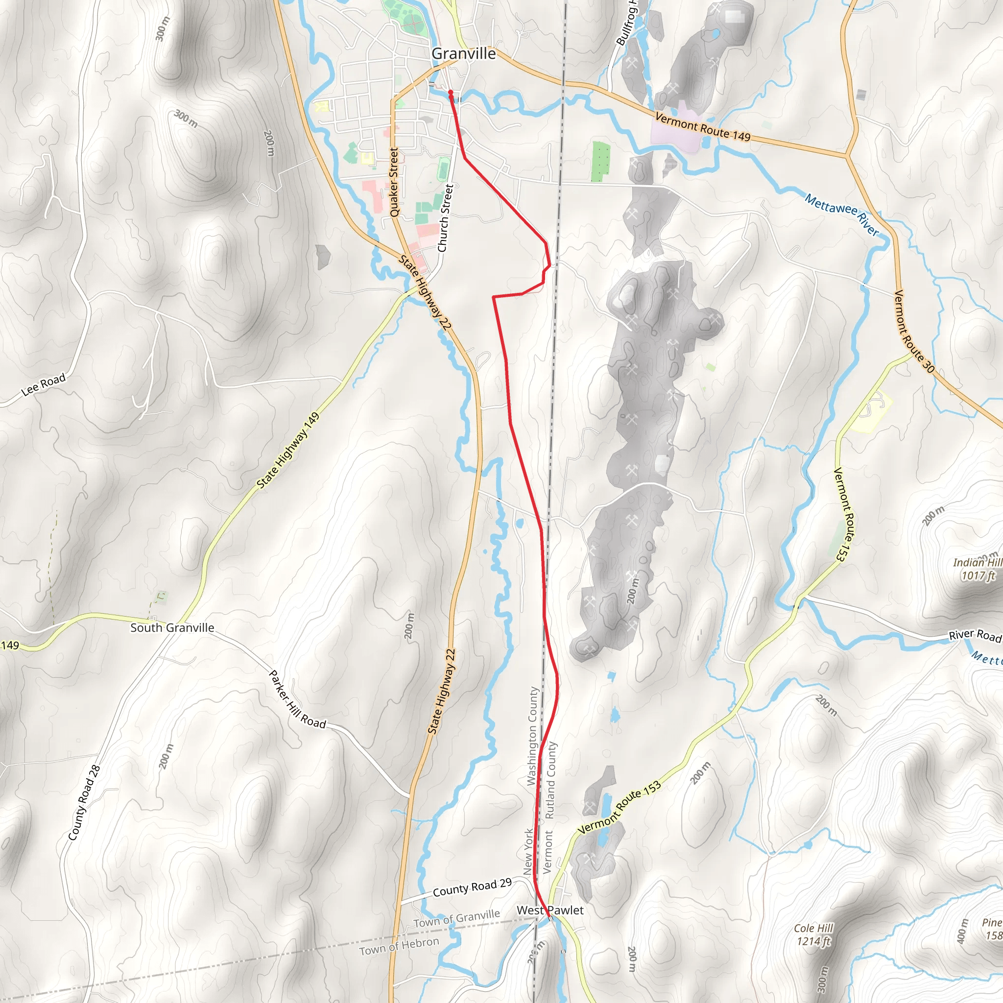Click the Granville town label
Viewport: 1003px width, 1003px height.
click(463, 53)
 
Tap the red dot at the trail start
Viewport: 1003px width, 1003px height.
click(451, 93)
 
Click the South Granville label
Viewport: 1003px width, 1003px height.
click(172, 628)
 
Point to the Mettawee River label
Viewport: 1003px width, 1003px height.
click(841, 214)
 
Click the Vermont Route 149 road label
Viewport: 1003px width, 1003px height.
click(702, 126)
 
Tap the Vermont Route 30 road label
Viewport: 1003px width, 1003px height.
click(914, 332)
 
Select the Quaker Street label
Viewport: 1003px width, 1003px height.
click(394, 182)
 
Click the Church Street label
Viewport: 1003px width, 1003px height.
click(446, 218)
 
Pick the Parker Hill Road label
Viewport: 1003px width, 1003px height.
click(297, 699)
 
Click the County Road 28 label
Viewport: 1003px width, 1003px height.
click(84, 803)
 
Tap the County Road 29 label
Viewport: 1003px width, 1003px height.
click(472, 888)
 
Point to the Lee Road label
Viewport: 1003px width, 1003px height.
click(44, 384)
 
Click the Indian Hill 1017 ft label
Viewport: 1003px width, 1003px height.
click(977, 569)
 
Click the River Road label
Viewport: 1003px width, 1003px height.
click(975, 635)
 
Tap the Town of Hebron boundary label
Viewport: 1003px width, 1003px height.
click(399, 946)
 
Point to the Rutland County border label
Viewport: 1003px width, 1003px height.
click(551, 780)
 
